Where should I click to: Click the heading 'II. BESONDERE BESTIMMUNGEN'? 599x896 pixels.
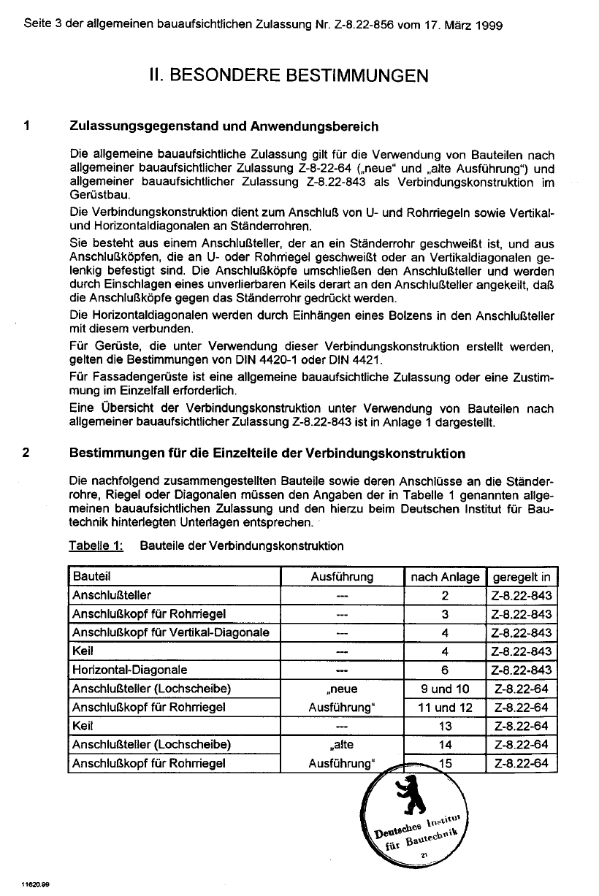(x=289, y=76)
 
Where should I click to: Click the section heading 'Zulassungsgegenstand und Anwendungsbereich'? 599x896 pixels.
(x=224, y=126)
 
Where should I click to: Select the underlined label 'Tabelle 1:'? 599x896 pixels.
(x=96, y=545)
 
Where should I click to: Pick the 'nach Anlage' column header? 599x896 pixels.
(x=445, y=577)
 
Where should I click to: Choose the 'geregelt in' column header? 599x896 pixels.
(x=522, y=577)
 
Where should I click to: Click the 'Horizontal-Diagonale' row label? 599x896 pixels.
(x=129, y=670)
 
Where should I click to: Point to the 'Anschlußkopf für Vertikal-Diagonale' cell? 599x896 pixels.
(x=170, y=632)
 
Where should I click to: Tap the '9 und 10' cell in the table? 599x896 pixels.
(x=445, y=689)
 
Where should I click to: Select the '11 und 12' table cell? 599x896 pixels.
(x=445, y=708)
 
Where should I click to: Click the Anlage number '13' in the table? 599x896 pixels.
(x=445, y=726)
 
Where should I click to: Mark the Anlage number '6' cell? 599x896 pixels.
(x=445, y=670)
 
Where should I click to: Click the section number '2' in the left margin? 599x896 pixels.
(x=26, y=453)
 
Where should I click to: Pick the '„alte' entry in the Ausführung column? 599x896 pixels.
(x=342, y=745)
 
